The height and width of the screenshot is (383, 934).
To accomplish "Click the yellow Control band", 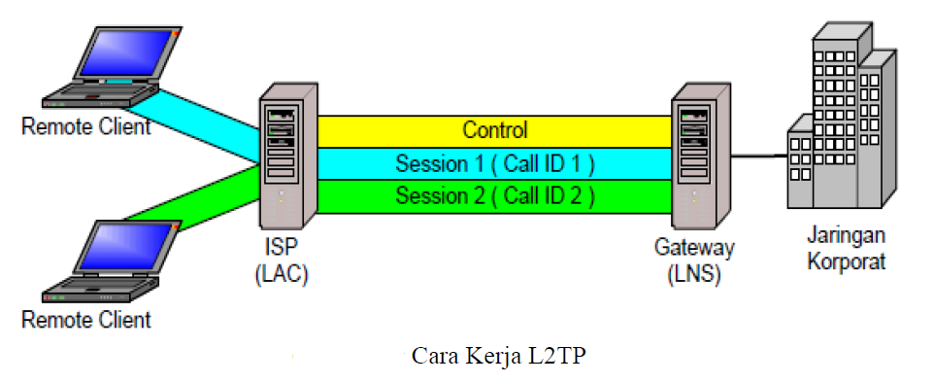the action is [x=494, y=131].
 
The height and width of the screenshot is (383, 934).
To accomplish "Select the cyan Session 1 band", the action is [x=494, y=163].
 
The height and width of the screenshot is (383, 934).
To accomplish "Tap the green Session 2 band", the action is [x=494, y=196].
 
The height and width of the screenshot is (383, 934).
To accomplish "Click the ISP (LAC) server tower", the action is [x=288, y=157].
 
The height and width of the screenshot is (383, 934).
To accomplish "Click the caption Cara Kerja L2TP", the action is [x=499, y=356].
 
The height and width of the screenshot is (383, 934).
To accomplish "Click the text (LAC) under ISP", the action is [x=282, y=275].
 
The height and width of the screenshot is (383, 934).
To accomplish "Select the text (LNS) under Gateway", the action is [x=694, y=275].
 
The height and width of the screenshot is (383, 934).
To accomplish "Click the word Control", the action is [x=495, y=130].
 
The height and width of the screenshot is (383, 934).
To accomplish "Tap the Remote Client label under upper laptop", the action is [x=86, y=126].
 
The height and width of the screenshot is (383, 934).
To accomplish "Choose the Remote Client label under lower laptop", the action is [x=86, y=319].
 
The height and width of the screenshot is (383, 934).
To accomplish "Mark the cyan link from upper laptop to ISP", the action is [x=190, y=124].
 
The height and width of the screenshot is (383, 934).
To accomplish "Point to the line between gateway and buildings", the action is [x=759, y=157].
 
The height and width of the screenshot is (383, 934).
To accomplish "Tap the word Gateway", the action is [x=694, y=246].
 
